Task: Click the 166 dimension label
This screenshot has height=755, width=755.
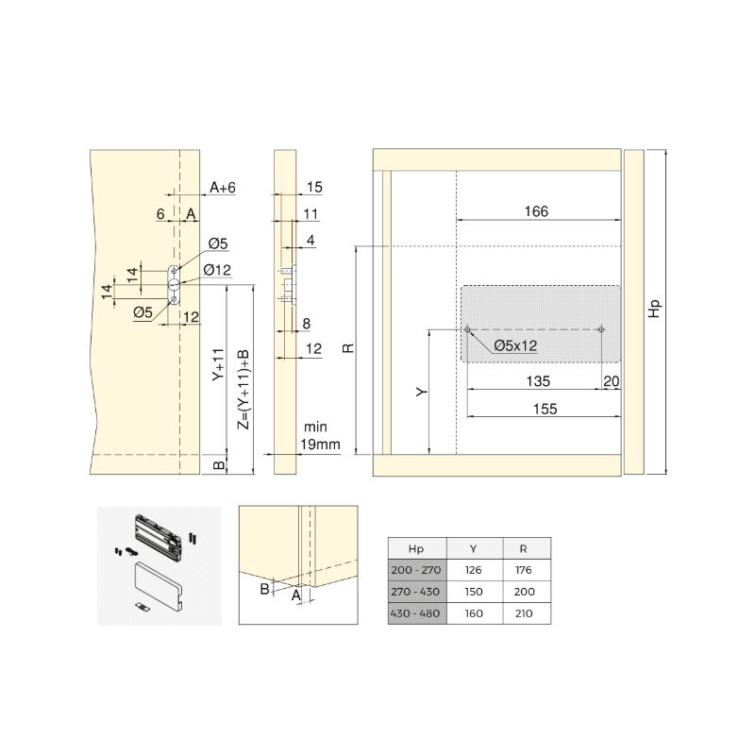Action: (536, 211)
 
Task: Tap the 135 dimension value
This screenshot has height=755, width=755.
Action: (538, 381)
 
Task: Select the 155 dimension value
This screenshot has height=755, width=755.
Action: (545, 409)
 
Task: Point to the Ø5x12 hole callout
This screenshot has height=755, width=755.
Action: (515, 345)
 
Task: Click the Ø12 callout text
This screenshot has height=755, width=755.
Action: (217, 270)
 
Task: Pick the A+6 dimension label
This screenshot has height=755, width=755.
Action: (223, 187)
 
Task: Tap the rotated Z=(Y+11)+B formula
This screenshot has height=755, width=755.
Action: (244, 389)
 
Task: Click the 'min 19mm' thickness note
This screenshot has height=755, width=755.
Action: (319, 436)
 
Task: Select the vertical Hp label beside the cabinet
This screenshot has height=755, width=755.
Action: (654, 309)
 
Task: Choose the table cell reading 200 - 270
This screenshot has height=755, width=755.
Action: (416, 570)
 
